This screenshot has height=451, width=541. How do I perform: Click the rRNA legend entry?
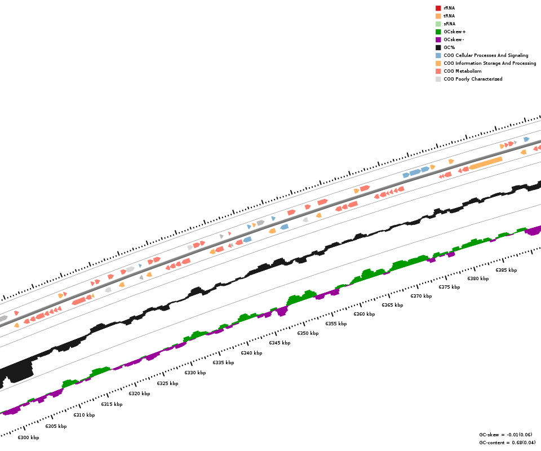tap(449, 8)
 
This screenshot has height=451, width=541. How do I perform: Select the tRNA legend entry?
tap(449, 16)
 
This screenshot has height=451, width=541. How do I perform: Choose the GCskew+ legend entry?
tap(454, 32)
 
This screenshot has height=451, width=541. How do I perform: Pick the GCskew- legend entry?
tap(454, 39)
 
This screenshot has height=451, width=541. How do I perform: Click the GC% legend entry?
tap(449, 47)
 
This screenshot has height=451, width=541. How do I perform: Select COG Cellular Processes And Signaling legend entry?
tap(486, 55)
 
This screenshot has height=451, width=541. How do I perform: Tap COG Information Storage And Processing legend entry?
tap(490, 63)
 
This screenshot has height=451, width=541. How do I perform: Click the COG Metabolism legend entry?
tap(462, 71)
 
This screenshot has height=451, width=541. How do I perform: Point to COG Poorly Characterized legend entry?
tap(473, 79)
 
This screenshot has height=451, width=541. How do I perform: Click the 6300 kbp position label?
tap(28, 437)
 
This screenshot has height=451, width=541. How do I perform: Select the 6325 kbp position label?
tap(167, 383)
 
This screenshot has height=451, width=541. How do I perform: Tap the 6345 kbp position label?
tap(280, 343)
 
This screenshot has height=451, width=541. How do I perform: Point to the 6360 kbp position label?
tap(364, 314)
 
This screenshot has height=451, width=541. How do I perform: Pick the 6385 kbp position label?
tap(506, 270)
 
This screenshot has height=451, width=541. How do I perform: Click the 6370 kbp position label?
tap(421, 296)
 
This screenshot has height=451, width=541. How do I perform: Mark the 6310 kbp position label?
tap(84, 415)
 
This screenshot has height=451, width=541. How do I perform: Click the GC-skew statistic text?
tap(505, 435)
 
